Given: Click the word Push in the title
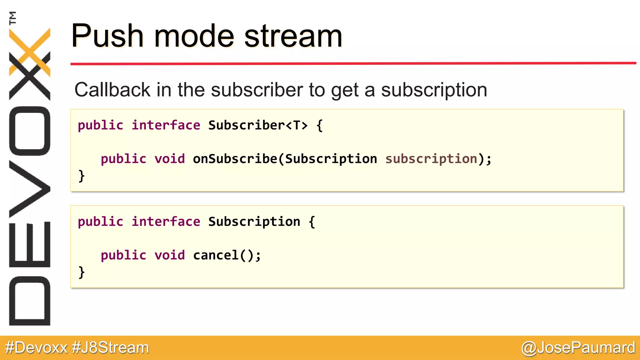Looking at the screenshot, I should point(107,36).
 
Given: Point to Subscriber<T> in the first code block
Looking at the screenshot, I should point(258,125).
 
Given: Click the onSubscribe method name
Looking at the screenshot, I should point(235,159).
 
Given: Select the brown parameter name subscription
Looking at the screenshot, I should point(431,159).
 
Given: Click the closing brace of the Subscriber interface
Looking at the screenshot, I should point(81,176).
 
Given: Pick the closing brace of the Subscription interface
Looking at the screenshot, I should point(81,272).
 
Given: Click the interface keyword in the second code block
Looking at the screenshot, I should point(166,222).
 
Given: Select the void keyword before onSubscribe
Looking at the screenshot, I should point(169,159).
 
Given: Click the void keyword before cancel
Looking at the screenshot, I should point(169,255).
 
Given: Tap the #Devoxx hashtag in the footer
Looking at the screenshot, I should point(36,347).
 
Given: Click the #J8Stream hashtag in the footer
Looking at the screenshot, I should point(110,347).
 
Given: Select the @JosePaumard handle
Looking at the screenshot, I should point(578,347).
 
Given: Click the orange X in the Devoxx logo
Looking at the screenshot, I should point(30,52).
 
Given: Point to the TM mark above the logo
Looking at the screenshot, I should point(13,18).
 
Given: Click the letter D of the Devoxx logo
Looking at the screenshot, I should point(30,301).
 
